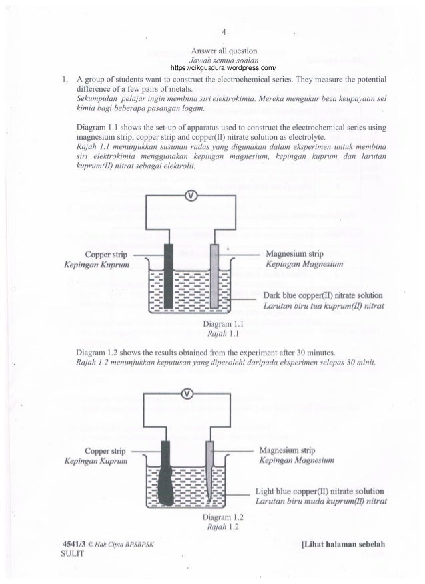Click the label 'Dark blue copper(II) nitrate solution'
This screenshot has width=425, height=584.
pos(322,295)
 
